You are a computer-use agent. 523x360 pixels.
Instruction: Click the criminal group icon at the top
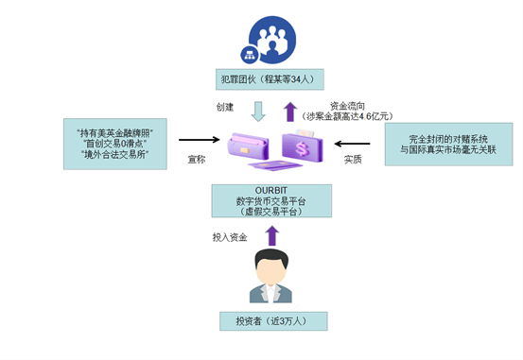click(272, 39)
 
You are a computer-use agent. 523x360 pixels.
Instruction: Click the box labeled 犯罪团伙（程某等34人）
click(272, 79)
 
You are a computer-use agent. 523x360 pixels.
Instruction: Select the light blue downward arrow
click(257, 111)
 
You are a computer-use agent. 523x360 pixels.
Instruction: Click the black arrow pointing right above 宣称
click(199, 142)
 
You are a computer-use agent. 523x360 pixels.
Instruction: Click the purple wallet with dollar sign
click(305, 147)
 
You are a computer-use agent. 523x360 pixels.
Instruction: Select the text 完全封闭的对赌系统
click(447, 137)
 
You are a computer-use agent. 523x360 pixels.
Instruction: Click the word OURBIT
click(272, 191)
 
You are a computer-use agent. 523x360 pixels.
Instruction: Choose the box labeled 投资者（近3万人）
click(272, 320)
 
